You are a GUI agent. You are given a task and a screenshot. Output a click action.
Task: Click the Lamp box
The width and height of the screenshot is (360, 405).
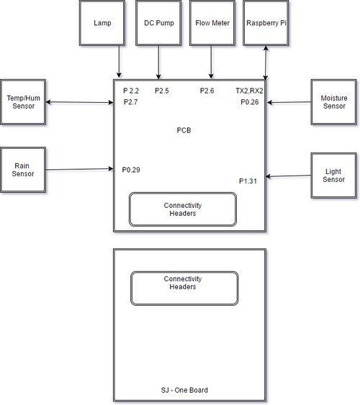(x=102, y=23)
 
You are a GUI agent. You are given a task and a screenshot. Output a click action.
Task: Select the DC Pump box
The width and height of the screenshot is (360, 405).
(x=158, y=23)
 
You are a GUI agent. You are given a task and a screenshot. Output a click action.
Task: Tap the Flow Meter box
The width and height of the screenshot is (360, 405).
(x=212, y=23)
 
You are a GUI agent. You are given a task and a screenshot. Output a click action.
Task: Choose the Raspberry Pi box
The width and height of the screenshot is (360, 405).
(x=266, y=23)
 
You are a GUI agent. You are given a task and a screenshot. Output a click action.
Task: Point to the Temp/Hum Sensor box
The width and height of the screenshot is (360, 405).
(x=23, y=102)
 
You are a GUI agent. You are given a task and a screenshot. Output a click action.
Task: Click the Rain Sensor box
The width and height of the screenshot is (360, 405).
(x=23, y=170)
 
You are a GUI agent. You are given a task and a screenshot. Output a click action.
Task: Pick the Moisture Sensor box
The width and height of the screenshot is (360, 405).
(x=334, y=102)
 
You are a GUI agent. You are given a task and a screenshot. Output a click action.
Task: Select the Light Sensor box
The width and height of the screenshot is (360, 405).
(x=334, y=176)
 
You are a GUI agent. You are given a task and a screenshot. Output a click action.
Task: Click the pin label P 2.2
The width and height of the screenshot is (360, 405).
(x=131, y=91)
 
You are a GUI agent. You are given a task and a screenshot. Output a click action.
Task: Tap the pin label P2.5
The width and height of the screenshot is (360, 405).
(x=162, y=91)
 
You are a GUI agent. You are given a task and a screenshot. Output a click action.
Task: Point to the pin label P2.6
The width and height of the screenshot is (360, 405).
(x=207, y=91)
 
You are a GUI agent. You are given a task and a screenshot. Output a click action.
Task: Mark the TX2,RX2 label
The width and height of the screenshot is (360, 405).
(x=249, y=91)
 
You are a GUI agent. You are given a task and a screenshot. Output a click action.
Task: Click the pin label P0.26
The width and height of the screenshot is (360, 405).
(x=250, y=102)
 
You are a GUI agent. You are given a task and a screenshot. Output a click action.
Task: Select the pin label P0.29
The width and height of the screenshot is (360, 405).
(x=131, y=170)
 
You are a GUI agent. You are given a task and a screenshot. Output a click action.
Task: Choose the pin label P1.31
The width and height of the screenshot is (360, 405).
(x=248, y=181)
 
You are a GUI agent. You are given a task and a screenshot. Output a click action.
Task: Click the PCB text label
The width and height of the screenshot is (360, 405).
(x=184, y=130)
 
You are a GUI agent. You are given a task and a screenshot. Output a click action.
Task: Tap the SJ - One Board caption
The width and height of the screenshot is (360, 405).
(x=184, y=390)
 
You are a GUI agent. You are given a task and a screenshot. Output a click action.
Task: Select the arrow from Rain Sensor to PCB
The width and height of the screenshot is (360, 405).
(x=80, y=169)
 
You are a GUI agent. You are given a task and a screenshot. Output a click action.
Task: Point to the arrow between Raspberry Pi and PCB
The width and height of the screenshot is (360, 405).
(x=266, y=63)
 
